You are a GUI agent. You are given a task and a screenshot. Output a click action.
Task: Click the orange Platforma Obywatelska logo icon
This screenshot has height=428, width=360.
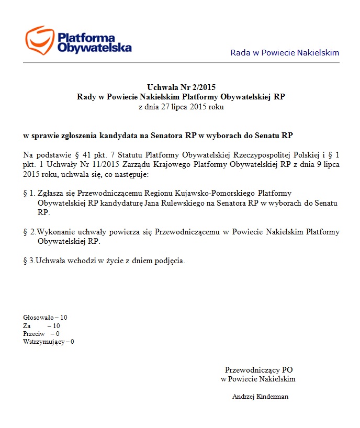[x=40, y=40]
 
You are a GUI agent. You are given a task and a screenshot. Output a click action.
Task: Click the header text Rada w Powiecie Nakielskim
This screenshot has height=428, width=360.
[x=285, y=53]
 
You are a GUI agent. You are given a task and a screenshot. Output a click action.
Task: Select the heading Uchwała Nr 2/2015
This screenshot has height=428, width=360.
[x=181, y=87]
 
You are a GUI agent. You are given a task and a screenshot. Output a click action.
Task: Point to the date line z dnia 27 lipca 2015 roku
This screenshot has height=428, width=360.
[x=181, y=107]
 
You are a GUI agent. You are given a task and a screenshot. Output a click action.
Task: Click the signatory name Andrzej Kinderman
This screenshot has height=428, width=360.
[x=260, y=397]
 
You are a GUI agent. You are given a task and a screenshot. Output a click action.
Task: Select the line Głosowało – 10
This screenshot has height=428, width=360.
[x=45, y=318]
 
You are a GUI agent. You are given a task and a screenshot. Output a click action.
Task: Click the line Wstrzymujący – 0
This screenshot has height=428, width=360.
[x=49, y=342]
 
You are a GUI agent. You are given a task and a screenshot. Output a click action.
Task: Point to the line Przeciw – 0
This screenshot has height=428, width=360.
[x=41, y=334]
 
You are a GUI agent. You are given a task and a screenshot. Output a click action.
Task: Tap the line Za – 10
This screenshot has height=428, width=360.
[x=41, y=325]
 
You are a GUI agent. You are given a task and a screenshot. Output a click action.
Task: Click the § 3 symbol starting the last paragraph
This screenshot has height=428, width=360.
[x=29, y=261]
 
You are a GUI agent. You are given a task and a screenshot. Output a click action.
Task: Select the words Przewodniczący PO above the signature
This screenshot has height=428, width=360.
[x=258, y=369]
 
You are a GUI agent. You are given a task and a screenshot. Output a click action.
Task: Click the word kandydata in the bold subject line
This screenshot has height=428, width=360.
[x=119, y=136]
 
